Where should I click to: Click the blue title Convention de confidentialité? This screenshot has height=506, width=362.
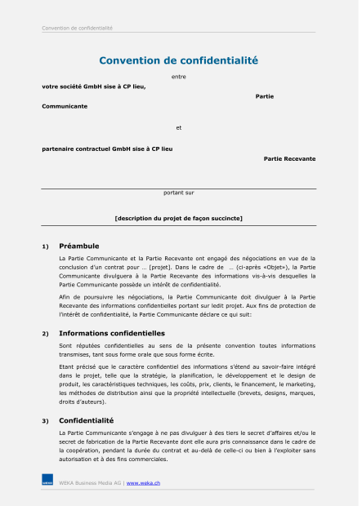tap(178, 60)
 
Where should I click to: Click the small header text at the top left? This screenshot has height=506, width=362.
tap(77, 29)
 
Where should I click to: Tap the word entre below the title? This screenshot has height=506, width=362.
tap(178, 77)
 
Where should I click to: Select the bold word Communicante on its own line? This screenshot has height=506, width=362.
tap(65, 106)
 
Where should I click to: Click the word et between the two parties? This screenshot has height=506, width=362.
tap(178, 127)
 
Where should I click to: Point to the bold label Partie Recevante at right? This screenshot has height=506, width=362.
tap(289, 158)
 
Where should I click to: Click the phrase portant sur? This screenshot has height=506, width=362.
tap(178, 193)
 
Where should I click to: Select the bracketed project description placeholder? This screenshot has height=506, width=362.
tap(178, 218)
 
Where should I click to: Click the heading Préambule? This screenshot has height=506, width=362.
tap(79, 246)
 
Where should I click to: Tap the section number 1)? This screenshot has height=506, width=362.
tap(46, 246)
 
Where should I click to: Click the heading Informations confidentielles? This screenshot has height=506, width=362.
tap(112, 333)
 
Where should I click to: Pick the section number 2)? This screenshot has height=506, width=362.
tap(46, 334)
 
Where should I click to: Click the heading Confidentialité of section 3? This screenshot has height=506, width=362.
tap(86, 420)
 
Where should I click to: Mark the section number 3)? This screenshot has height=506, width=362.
tap(46, 421)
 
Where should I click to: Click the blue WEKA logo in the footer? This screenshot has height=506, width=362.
tap(47, 482)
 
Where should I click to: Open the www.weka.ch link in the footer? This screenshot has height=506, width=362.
tap(143, 483)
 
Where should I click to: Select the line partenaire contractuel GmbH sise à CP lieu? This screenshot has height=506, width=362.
tap(107, 149)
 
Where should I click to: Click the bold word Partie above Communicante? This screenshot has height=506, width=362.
tap(264, 96)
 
